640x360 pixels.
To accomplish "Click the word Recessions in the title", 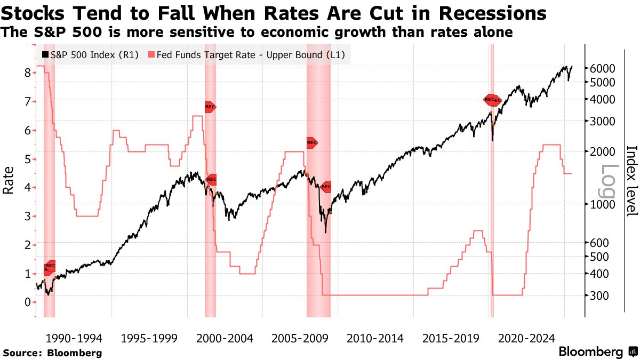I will coord(491,13).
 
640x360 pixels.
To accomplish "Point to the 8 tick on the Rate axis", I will coord(28,73).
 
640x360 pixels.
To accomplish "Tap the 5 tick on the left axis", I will coord(28,159).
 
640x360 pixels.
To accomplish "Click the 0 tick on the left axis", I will coord(28,302).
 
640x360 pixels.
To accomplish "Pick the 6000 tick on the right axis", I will coord(602,68).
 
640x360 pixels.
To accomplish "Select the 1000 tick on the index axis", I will coord(602,204).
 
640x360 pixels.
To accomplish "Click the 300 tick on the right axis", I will coord(599,295).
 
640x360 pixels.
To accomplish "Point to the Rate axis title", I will coord(9,180).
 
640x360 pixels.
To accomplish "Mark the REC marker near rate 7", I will coord(210,107).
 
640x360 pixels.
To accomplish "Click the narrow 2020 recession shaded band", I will coord(492,213).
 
